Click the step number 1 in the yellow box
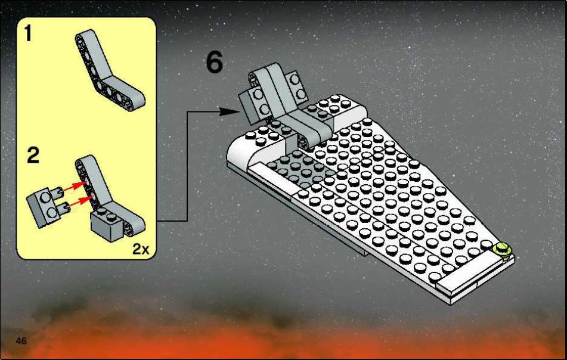[28, 33]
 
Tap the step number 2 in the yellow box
[33, 155]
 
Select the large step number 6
[215, 62]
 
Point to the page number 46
[21, 340]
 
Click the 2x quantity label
[141, 249]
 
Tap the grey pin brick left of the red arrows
[47, 206]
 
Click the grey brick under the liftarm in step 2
[107, 225]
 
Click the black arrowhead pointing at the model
[229, 111]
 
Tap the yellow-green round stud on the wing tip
[502, 250]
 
